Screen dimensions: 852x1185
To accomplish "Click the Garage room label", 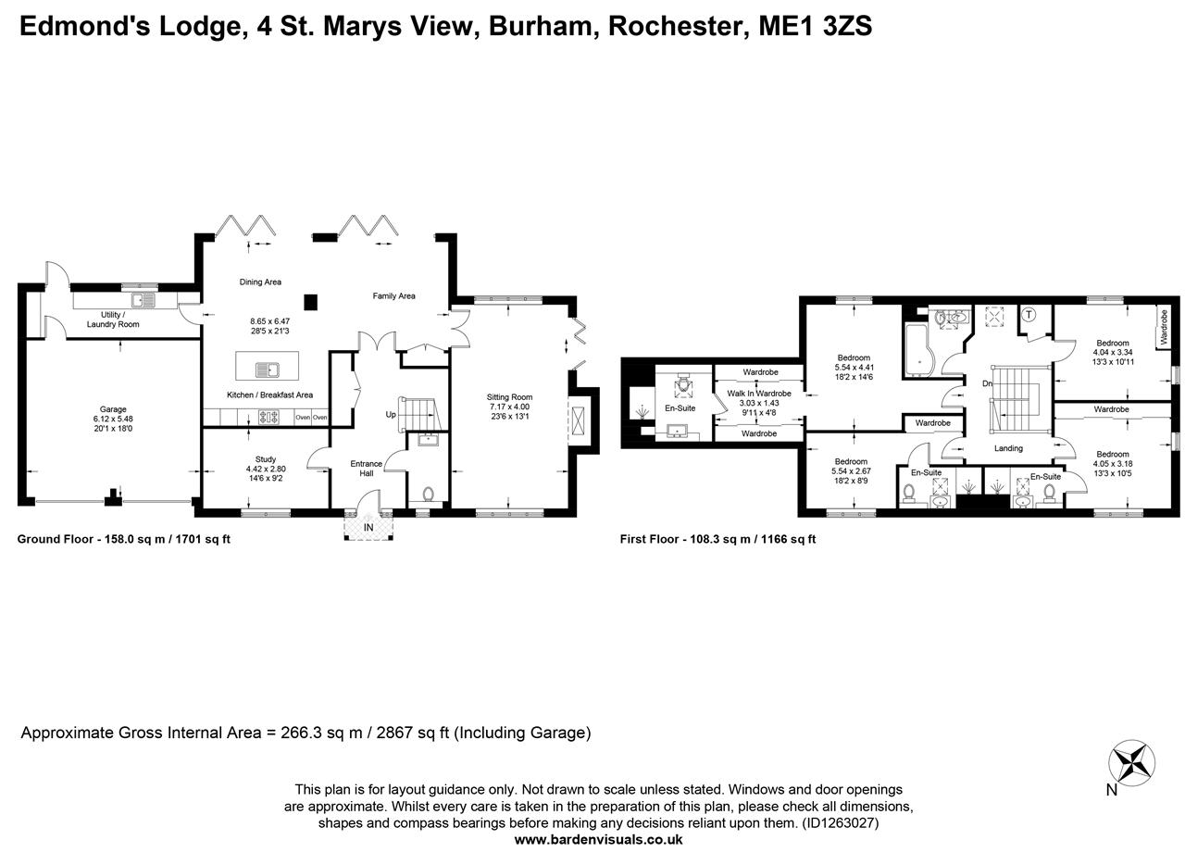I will [x=113, y=409].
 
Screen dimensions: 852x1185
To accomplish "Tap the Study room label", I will [x=265, y=459].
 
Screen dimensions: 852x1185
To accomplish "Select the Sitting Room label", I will [x=509, y=397].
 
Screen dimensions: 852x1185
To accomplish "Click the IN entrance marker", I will [x=368, y=528].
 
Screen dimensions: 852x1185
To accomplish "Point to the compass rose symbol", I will [x=1131, y=763].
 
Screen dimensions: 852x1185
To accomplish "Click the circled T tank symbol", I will [x=1029, y=315].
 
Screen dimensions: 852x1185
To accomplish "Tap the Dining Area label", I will [x=260, y=282].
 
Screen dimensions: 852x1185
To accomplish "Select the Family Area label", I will [x=393, y=296].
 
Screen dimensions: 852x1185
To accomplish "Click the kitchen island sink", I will [x=268, y=370].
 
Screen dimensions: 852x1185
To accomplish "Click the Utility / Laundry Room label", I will [x=113, y=319].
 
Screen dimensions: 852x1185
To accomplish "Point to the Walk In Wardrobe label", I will [x=759, y=394].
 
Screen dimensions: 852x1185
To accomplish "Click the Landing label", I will [x=1008, y=448].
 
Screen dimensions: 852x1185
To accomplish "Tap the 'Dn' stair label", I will [x=988, y=383].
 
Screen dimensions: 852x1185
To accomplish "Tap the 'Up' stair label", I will [x=391, y=414].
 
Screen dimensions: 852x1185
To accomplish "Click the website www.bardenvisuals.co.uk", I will [x=598, y=839].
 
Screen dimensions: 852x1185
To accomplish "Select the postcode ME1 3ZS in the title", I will [x=815, y=26].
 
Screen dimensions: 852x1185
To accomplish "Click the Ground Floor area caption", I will [x=123, y=538].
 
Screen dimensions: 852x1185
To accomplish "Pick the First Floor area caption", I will [x=717, y=538].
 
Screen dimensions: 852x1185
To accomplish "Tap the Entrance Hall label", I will [x=366, y=469].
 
